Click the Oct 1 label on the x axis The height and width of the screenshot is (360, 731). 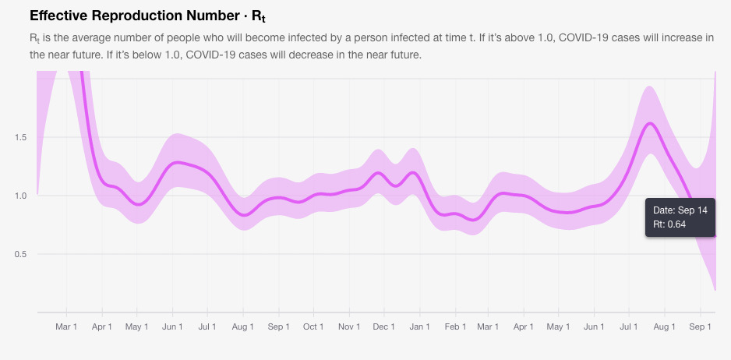[x=313, y=327]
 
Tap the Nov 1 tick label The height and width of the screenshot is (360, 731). [x=348, y=327]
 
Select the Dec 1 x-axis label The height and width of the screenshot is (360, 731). [x=383, y=327]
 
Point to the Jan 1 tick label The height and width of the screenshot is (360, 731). [x=419, y=327]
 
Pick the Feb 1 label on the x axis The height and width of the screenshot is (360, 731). [x=455, y=327]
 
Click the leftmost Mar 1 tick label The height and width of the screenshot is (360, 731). [x=66, y=327]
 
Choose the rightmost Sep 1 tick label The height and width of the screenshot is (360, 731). [x=700, y=327]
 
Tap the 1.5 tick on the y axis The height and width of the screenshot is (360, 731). [x=21, y=138]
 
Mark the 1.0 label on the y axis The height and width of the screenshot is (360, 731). [x=21, y=196]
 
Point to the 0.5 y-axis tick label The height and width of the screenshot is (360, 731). [x=21, y=255]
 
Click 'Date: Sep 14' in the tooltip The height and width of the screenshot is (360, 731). [x=680, y=210]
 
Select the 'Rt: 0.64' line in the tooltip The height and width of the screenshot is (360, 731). [x=670, y=225]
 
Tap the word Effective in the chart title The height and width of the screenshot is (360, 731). [x=58, y=16]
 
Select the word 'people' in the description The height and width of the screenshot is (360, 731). [x=180, y=38]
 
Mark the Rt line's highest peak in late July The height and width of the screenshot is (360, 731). [x=650, y=123]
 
